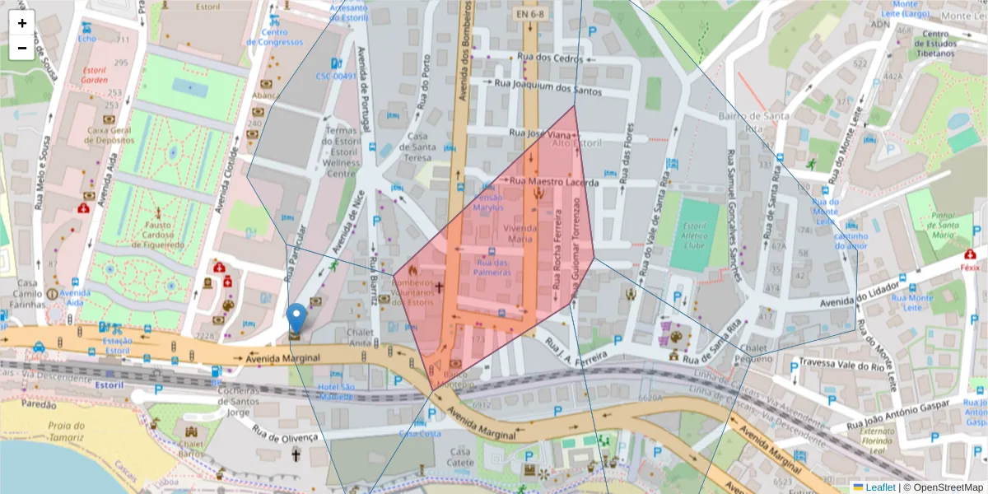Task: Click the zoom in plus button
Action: coord(22,23)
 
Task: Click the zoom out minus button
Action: coord(22,48)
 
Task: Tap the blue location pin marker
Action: coord(296,319)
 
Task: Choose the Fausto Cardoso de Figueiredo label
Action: coord(156,234)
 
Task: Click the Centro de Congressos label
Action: coord(274,37)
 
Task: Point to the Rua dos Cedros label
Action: coord(550,58)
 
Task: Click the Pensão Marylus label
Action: coord(487,203)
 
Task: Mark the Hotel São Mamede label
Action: coord(336,391)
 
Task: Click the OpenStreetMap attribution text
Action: coord(943,487)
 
